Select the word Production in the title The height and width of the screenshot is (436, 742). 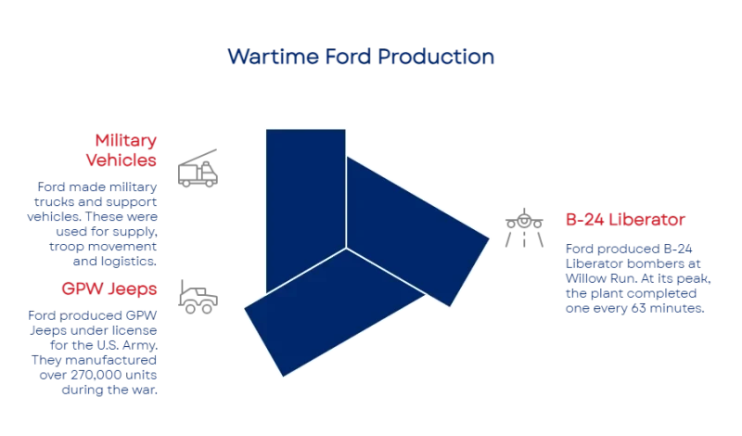436,57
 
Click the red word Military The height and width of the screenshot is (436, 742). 126,141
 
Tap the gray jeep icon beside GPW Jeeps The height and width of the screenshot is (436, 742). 199,297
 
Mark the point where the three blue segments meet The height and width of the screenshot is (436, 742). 346,249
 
